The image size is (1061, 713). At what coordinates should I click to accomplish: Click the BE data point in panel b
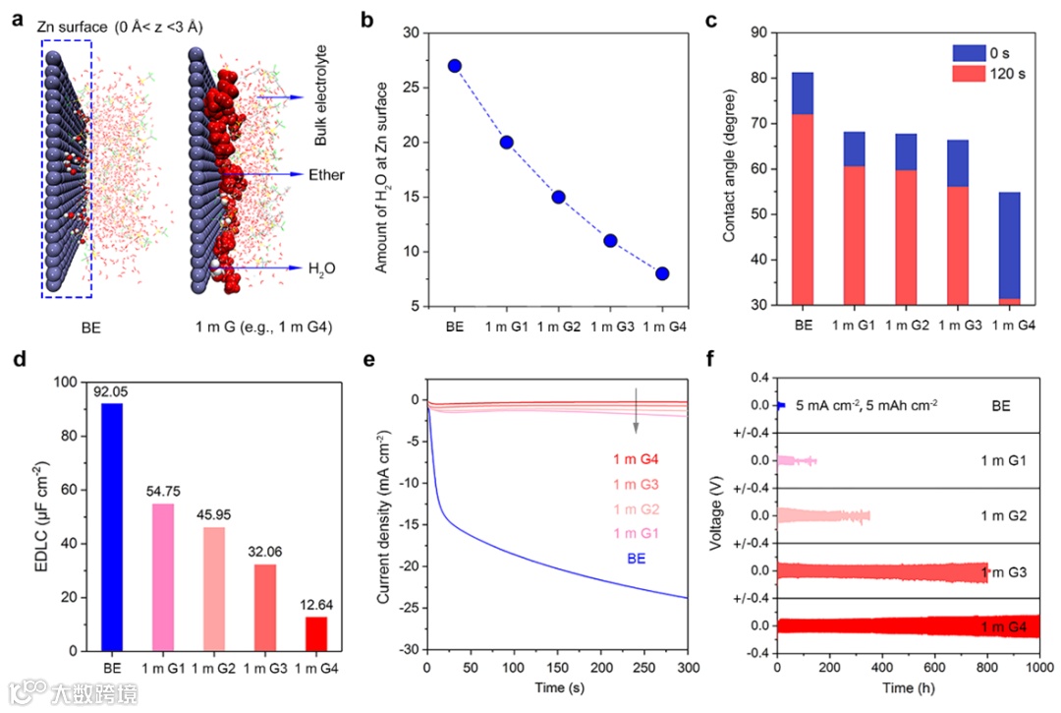click(454, 66)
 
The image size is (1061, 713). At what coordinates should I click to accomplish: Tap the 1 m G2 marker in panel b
click(558, 197)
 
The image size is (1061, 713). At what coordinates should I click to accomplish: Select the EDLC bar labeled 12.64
click(316, 633)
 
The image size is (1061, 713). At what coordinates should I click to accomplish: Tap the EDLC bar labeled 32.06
click(266, 607)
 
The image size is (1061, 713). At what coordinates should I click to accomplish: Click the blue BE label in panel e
click(637, 557)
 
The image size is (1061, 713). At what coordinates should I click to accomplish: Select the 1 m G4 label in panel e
click(637, 459)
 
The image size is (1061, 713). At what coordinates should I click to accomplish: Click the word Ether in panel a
click(327, 175)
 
